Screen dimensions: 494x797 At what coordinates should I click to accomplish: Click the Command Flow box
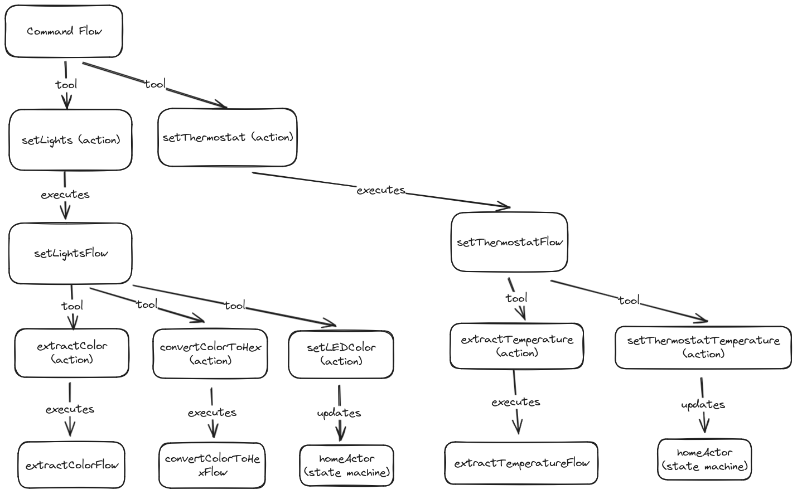point(64,31)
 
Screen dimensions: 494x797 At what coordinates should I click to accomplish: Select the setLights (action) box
point(70,140)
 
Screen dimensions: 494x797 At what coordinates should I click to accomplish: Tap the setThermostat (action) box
point(227,137)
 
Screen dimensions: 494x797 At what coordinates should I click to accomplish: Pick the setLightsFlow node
point(70,254)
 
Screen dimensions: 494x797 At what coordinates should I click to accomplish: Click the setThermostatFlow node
point(509,242)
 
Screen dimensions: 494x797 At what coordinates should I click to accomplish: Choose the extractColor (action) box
point(71,353)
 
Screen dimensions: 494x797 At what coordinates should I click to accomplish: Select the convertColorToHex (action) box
point(210,353)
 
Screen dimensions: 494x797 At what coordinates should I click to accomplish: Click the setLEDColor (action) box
point(341,354)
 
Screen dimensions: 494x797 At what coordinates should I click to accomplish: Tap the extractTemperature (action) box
point(516,346)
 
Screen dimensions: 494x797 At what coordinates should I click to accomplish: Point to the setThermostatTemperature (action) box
point(703,347)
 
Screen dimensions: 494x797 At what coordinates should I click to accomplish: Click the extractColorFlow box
point(71,465)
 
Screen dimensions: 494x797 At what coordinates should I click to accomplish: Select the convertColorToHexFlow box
point(212,465)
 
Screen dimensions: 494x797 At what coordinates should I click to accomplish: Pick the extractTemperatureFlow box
point(521,463)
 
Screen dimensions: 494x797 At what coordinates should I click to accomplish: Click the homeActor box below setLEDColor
point(346,466)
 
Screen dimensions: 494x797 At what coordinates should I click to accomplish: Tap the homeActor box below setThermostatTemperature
point(704,459)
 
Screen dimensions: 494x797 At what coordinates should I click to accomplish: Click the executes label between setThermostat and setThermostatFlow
point(381,190)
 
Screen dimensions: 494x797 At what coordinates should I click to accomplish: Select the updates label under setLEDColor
point(339,413)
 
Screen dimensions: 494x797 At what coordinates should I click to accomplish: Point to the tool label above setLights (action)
point(66,84)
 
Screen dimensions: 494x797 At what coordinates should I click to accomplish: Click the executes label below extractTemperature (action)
point(515,402)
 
